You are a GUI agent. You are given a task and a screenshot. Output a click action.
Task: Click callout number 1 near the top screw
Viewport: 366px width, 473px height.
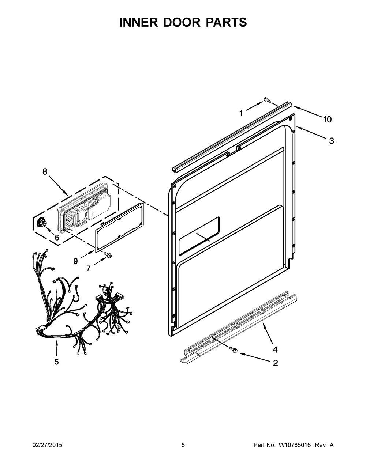click(x=241, y=114)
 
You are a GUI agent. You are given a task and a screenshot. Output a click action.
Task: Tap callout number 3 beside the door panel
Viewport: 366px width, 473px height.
click(x=331, y=141)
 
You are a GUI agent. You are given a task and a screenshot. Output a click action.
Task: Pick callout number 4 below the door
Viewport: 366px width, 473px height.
click(x=275, y=349)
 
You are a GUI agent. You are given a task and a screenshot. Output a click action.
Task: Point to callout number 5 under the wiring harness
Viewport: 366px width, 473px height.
click(x=57, y=362)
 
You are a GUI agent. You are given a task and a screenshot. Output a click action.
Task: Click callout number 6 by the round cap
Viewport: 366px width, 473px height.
click(x=57, y=237)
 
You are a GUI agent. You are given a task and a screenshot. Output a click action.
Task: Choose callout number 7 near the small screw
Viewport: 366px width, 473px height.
click(x=88, y=269)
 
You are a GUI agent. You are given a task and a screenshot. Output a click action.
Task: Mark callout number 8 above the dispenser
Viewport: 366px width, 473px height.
click(x=45, y=172)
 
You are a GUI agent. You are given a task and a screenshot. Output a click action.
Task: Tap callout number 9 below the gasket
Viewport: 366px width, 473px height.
click(x=75, y=261)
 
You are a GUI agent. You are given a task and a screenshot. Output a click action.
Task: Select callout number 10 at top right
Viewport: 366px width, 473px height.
click(x=327, y=119)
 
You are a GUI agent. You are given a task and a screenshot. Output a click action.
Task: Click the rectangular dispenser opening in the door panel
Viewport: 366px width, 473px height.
click(x=199, y=236)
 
